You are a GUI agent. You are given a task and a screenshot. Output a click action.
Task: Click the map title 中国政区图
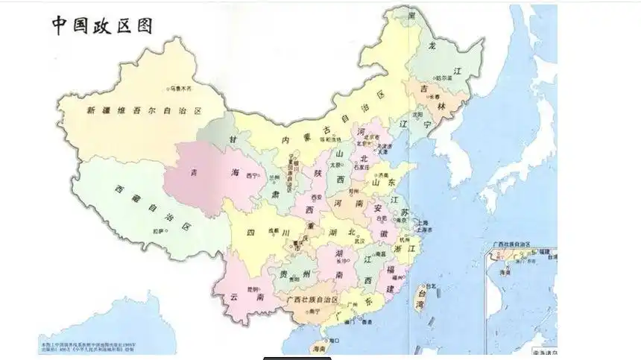[x=101, y=25]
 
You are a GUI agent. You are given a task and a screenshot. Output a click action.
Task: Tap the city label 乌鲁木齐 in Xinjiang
[x=180, y=88]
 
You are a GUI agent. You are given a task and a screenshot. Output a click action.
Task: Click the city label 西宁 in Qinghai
[x=252, y=176]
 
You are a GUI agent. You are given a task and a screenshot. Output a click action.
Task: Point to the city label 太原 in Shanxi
[x=335, y=165]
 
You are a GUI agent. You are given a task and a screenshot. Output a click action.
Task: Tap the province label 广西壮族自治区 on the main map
[x=313, y=300]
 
